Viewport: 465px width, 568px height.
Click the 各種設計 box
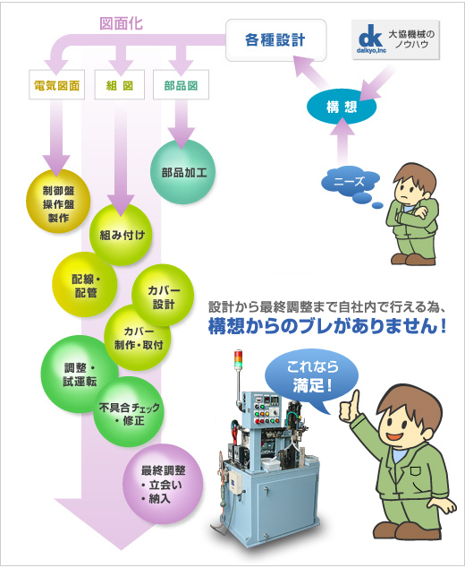click(276, 39)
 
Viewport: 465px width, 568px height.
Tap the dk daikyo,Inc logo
click(371, 39)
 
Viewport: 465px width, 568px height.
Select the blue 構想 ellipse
click(342, 107)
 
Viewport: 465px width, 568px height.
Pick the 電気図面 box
click(56, 85)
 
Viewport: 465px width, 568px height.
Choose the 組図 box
click(120, 85)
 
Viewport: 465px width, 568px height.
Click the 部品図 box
click(181, 85)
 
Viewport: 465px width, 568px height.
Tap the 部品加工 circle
click(183, 172)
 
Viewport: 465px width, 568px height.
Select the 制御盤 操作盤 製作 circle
click(58, 202)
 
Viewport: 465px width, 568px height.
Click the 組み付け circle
click(121, 235)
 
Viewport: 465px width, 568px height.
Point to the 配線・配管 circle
click(85, 284)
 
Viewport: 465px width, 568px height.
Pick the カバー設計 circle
click(163, 296)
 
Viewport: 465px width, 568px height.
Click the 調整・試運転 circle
click(80, 374)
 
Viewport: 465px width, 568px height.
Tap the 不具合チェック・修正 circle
click(129, 412)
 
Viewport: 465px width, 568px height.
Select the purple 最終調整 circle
click(163, 484)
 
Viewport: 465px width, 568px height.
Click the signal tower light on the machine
click(239, 359)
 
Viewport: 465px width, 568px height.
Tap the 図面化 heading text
click(121, 24)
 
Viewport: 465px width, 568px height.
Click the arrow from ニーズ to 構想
click(342, 142)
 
